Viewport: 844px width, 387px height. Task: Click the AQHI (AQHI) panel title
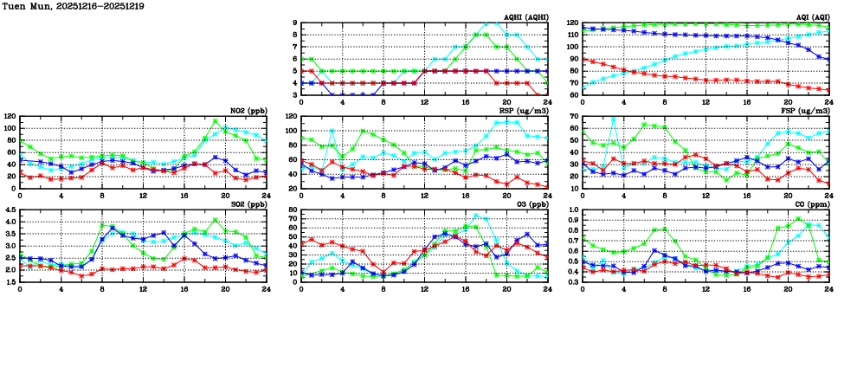[526, 16]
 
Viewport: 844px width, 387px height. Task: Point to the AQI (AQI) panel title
[814, 16]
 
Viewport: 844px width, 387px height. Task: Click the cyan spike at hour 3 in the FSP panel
[614, 119]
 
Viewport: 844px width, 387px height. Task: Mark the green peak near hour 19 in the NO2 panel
[216, 121]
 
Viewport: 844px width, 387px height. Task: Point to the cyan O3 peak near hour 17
[476, 216]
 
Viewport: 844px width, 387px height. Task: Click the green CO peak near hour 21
[798, 218]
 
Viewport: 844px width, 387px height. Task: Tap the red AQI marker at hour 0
[583, 59]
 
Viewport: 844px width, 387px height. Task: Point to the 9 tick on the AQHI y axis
[294, 23]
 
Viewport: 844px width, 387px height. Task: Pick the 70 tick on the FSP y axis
[572, 116]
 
